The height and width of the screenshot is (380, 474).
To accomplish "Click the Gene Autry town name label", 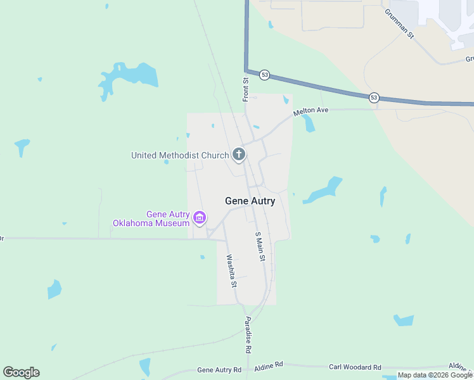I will pos(250,201).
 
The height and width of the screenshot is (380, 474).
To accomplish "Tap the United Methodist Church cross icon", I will pos(239,154).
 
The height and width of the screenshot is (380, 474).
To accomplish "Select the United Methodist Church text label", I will pos(179,155).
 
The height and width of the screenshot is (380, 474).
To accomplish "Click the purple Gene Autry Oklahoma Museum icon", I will pos(200,218).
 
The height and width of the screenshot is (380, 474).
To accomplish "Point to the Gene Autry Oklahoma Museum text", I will pos(152,218).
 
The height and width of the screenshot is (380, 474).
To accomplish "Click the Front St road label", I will pos(245,89).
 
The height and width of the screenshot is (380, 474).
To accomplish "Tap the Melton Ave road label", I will pos(311,111).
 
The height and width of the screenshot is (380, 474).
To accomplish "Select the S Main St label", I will pos(259,247).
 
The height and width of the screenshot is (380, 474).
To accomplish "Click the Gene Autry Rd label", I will pos(219,370).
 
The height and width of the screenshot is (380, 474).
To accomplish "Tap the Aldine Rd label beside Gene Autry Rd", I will pos(269,366).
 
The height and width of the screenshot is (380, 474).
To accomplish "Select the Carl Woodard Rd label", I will pos(355,367).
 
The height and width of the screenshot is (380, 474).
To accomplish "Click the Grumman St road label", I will pos(399,23).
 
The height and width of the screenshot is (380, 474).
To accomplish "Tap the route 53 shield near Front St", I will pos(264,75).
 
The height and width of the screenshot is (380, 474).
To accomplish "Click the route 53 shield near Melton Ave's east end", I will pos(374,97).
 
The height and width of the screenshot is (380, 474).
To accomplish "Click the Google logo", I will pos(21,372).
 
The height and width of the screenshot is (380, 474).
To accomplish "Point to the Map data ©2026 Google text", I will pos(435,375).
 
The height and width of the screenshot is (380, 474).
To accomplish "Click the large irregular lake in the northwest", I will pos(127,79).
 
